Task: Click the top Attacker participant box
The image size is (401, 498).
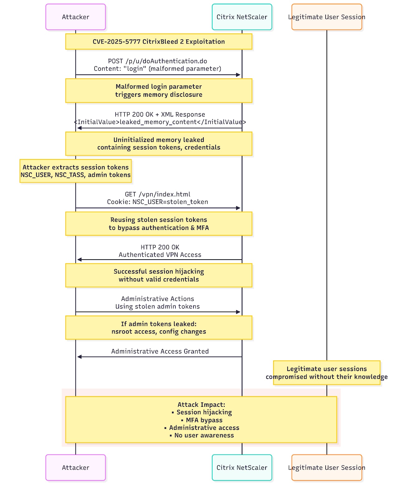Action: (x=75, y=17)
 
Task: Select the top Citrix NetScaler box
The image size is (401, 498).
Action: (x=242, y=17)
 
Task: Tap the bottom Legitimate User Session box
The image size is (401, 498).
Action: (x=327, y=467)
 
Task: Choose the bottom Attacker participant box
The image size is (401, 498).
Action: (x=75, y=467)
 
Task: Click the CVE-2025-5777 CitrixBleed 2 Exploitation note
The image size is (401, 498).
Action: (x=159, y=42)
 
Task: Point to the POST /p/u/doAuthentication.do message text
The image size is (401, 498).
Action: (x=158, y=61)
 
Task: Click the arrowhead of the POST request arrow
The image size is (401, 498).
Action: (x=238, y=75)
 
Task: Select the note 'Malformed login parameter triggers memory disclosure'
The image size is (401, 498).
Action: (x=159, y=91)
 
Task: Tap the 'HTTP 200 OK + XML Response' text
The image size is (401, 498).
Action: (x=160, y=114)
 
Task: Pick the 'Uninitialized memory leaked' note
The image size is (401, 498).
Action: (x=159, y=144)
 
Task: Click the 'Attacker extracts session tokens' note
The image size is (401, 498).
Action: (x=75, y=171)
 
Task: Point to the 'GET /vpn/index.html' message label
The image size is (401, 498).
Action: (x=158, y=194)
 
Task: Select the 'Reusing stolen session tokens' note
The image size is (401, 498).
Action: (x=159, y=224)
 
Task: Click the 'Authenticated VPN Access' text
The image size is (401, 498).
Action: (x=160, y=255)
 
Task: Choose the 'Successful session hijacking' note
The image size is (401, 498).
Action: (x=159, y=275)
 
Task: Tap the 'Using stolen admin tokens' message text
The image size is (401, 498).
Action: (x=158, y=306)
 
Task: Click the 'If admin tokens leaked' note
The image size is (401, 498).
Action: (x=159, y=328)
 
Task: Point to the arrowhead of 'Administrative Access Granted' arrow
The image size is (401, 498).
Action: (x=79, y=357)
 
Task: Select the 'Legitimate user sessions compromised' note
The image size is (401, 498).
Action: (x=327, y=373)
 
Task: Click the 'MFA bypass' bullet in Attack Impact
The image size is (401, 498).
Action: (x=202, y=420)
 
